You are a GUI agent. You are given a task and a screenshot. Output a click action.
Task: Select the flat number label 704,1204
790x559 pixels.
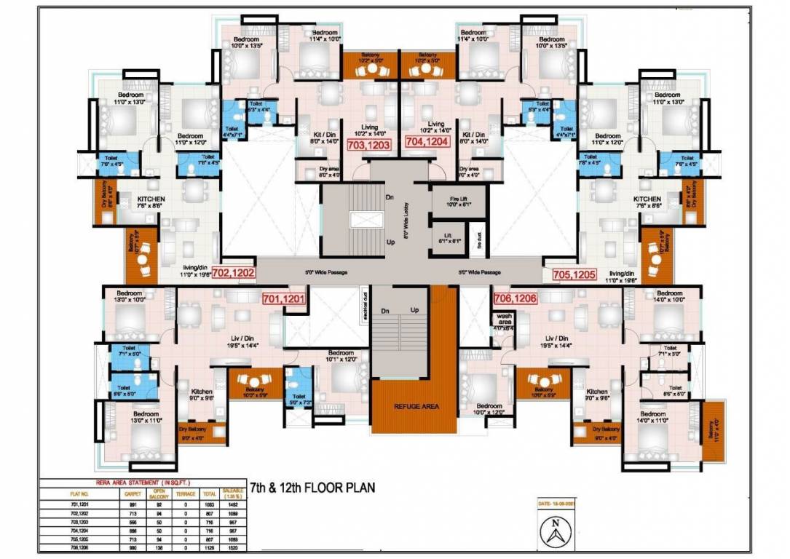click(427, 143)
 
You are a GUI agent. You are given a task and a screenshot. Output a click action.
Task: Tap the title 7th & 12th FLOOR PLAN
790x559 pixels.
click(313, 488)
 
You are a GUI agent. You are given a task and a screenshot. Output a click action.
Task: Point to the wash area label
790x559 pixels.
click(504, 320)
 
